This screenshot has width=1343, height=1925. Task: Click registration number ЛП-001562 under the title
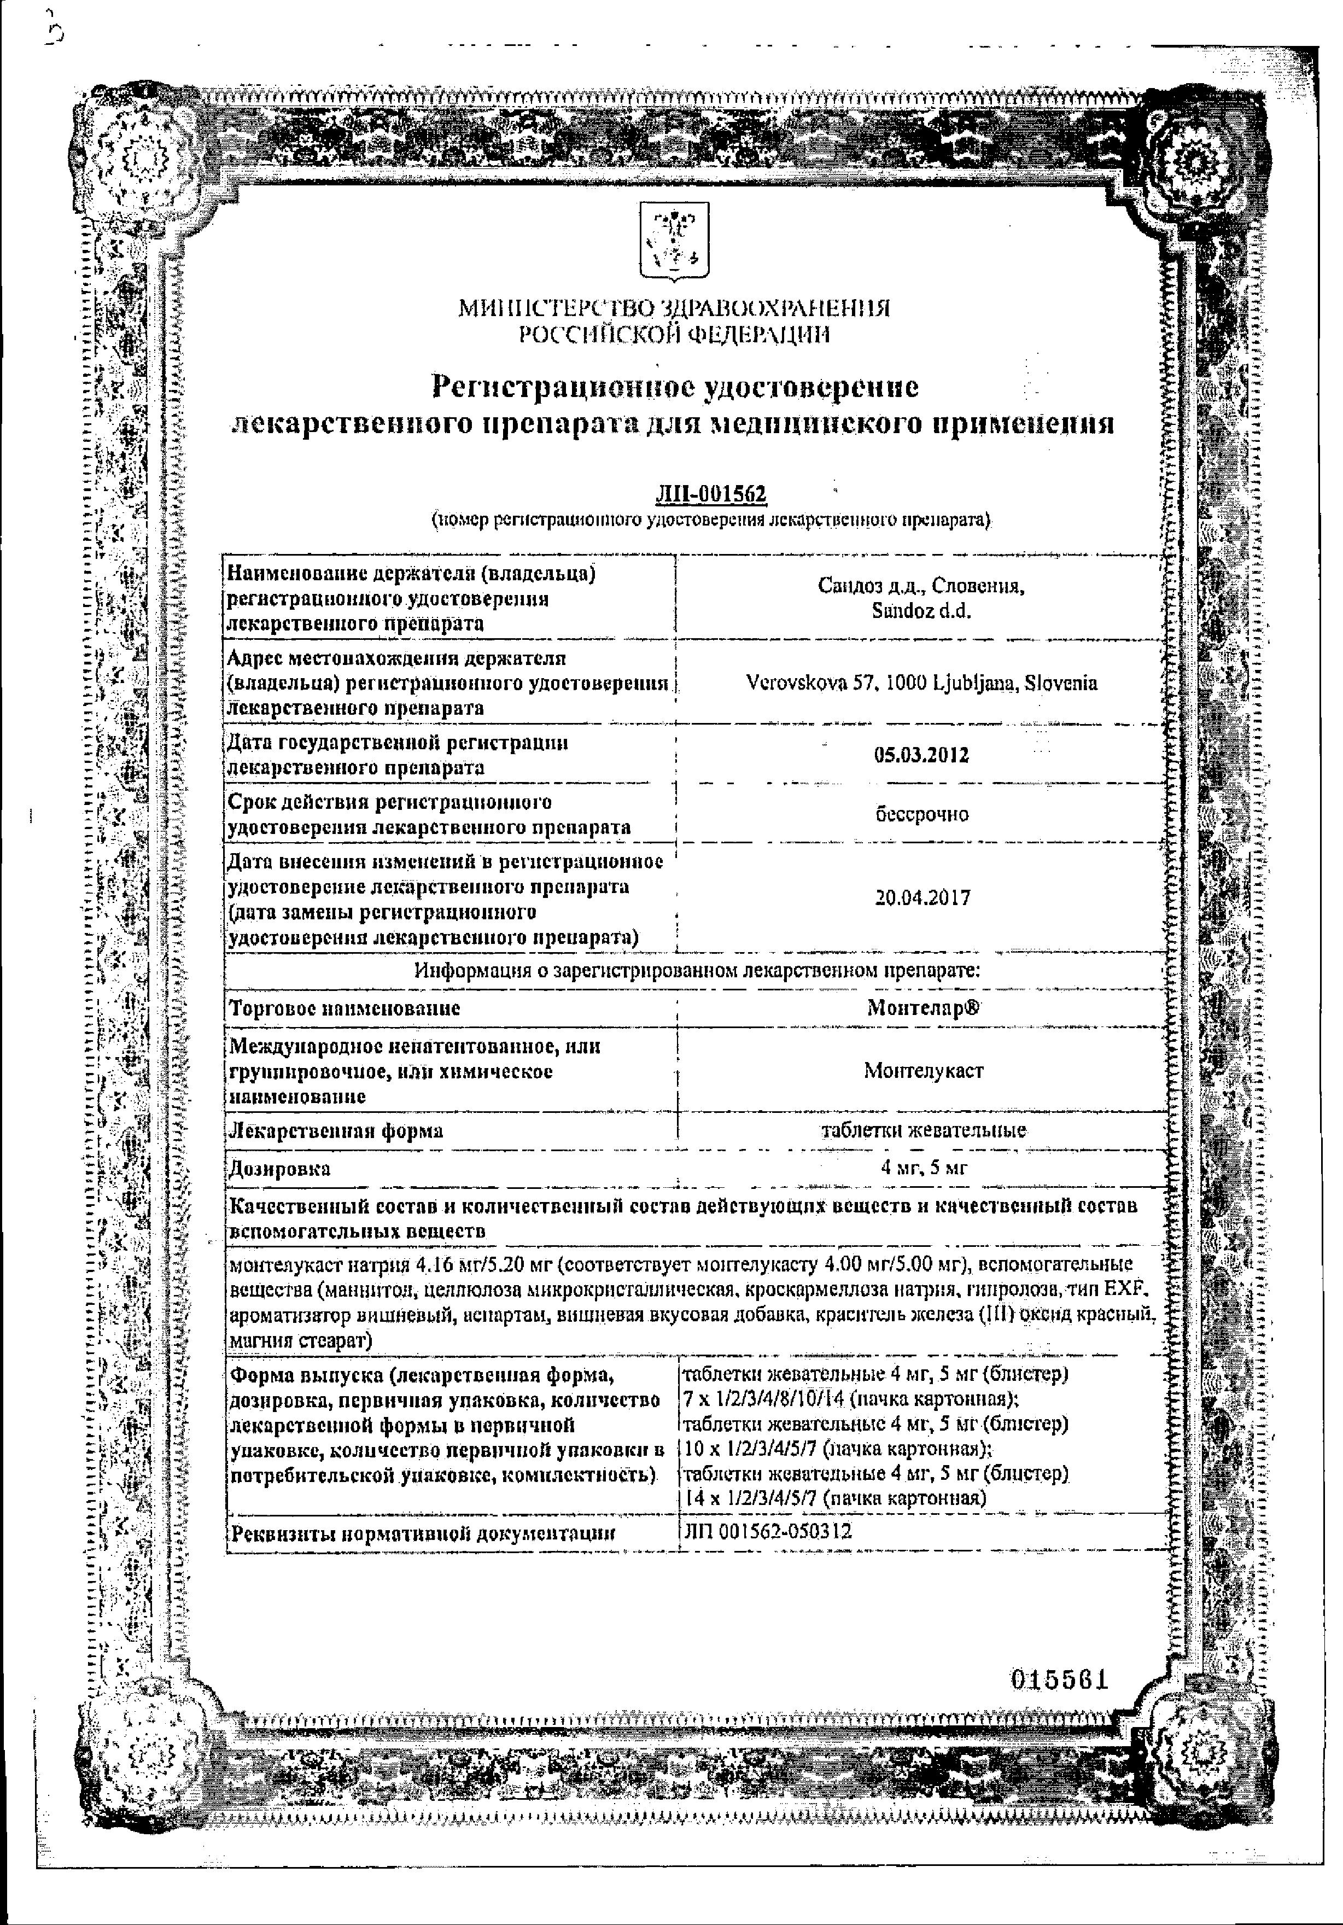pos(711,495)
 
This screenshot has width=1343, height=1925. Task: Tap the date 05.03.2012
pos(921,755)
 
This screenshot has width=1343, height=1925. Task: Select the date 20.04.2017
pos(922,899)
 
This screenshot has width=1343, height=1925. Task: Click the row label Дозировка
pos(280,1169)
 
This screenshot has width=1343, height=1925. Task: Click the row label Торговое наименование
pos(344,1008)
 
